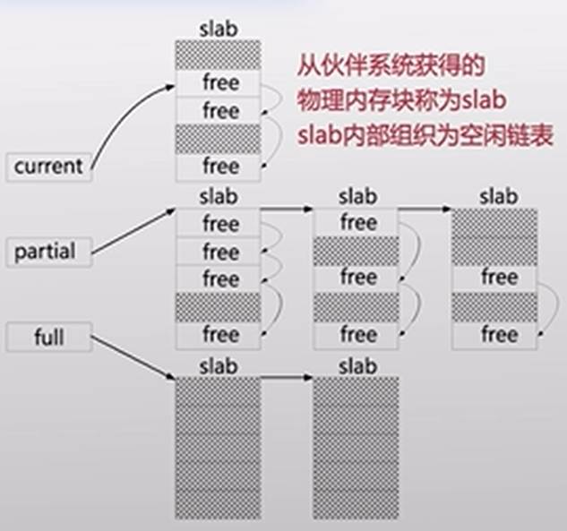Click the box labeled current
48,167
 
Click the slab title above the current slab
219,27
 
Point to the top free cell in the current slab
219,83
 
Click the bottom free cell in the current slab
219,167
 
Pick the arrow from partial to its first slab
134,231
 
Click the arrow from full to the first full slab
134,358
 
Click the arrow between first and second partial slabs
287,210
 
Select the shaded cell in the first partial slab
219,306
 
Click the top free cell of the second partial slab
357,223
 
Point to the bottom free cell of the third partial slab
494,335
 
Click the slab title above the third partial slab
494,194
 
